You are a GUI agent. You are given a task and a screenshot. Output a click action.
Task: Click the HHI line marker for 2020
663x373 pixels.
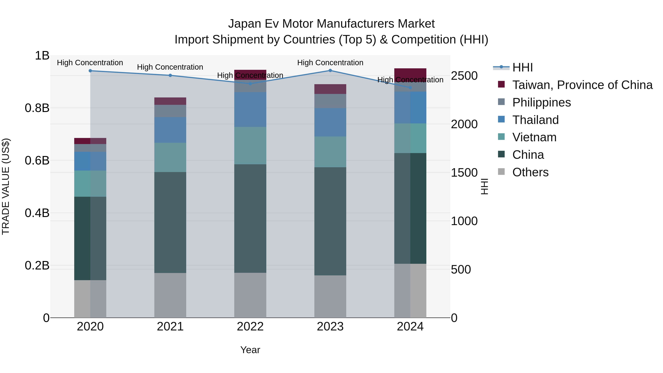tap(90, 71)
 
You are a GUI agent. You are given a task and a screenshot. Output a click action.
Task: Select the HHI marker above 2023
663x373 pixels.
tap(330, 71)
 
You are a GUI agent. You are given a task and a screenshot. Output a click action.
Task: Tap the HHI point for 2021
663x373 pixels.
tap(170, 75)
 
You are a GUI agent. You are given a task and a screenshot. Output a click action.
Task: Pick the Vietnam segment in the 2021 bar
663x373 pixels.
tap(170, 157)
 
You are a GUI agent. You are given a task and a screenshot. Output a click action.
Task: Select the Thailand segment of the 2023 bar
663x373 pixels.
tap(330, 122)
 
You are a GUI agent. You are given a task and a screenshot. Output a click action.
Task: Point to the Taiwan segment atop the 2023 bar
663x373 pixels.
tap(330, 89)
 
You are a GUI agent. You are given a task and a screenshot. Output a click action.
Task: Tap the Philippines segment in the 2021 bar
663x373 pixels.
tap(170, 111)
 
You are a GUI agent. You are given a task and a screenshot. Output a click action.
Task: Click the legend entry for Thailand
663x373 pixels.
tap(535, 120)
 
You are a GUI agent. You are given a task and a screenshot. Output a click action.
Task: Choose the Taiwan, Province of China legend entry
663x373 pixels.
tap(582, 85)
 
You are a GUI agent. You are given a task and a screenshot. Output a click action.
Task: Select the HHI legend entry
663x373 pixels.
tap(522, 67)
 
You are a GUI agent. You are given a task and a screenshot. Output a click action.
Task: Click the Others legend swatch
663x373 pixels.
tap(501, 172)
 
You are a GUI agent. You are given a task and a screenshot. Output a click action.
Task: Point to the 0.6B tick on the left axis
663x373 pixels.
tap(37, 160)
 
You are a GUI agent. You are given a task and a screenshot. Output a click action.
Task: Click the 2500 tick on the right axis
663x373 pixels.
tap(464, 76)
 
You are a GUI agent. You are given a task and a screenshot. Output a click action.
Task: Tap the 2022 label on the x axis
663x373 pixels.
tap(250, 327)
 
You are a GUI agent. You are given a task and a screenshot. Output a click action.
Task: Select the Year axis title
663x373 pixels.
tap(250, 350)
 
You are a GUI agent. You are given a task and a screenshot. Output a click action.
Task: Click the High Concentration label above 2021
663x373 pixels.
tap(170, 67)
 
